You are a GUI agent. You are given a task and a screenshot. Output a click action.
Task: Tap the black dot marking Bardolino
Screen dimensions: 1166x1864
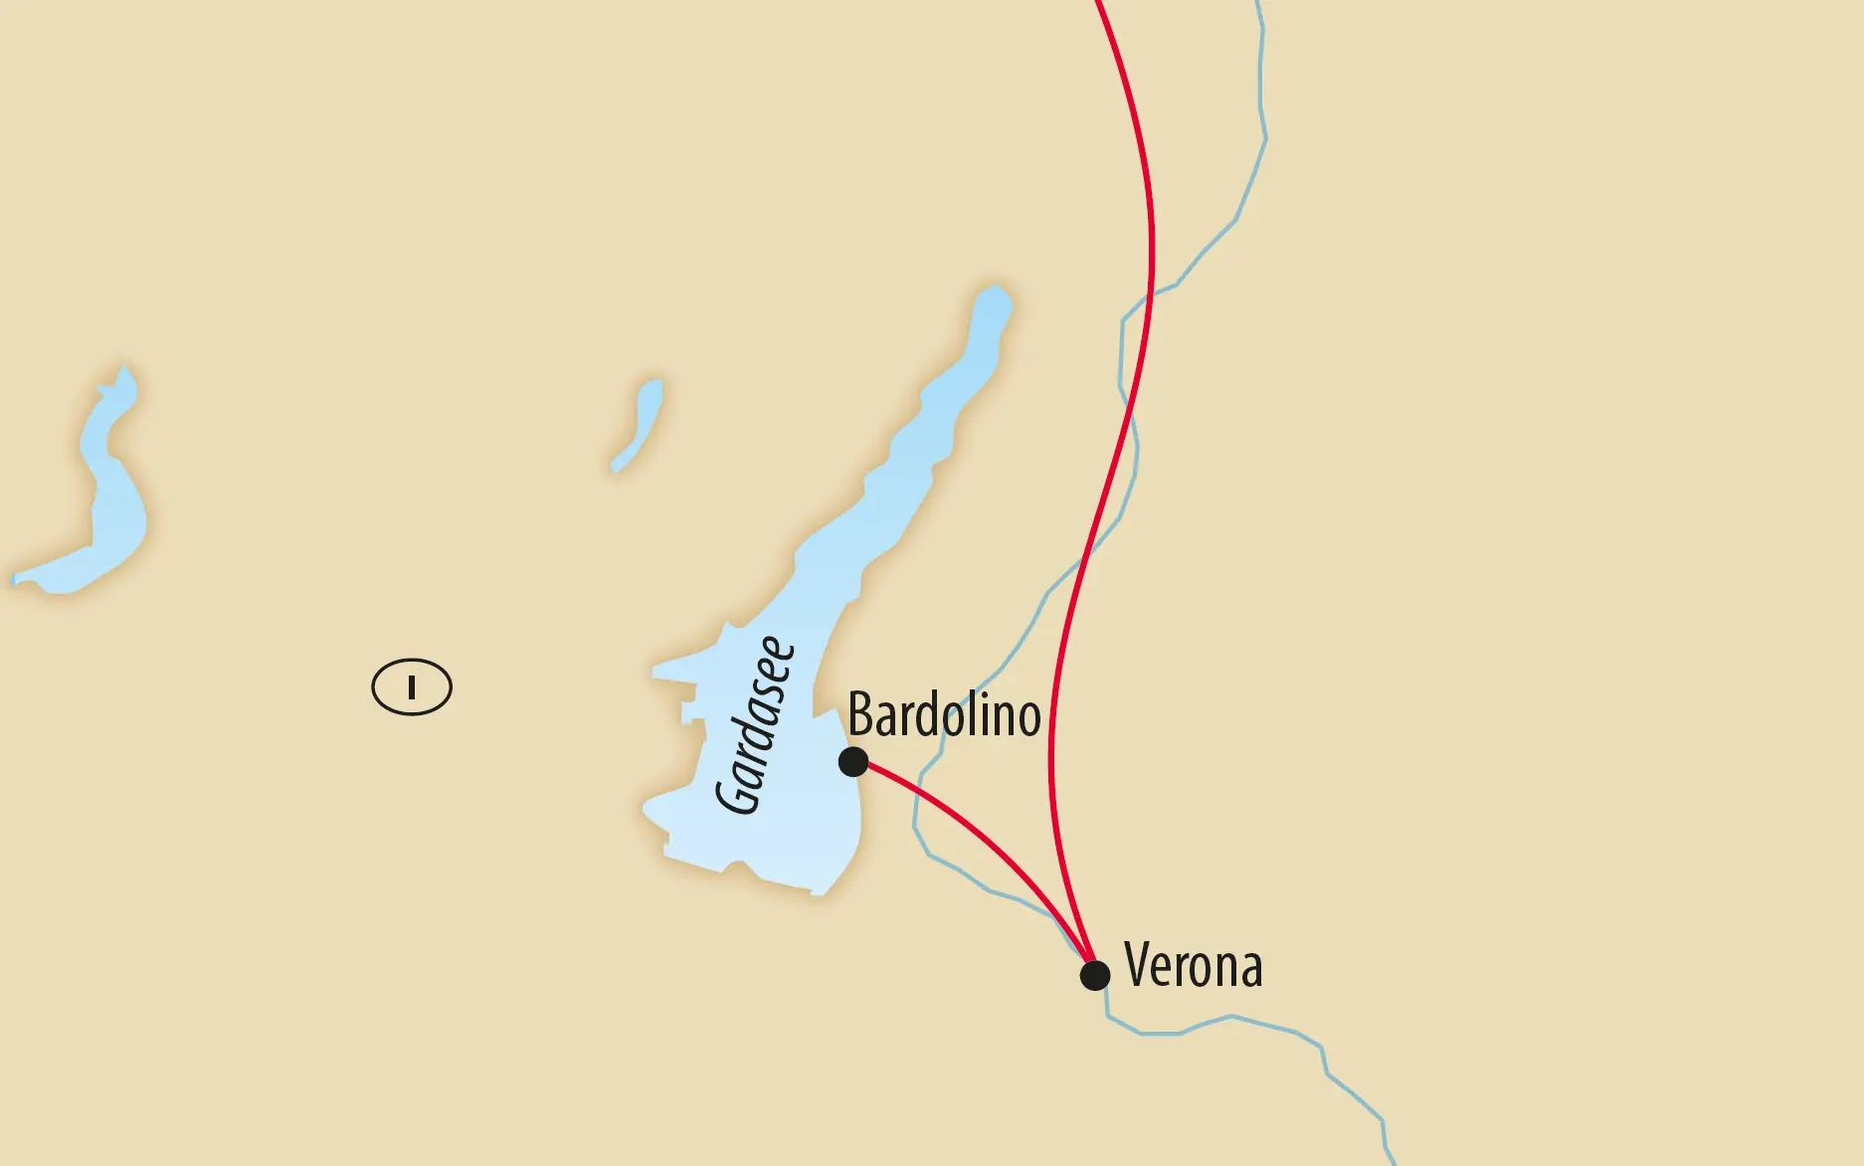[x=853, y=762]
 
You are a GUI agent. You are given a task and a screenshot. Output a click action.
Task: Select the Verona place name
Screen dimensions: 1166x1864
[x=1193, y=965]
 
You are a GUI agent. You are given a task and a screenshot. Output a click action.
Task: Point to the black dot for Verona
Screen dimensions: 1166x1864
[x=1094, y=975]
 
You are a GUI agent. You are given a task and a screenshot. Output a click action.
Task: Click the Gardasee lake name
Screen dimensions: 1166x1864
[x=756, y=725]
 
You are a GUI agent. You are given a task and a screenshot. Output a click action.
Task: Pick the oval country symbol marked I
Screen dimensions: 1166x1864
[x=412, y=687]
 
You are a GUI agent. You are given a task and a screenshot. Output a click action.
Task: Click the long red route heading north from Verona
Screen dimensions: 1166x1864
[x=1152, y=249]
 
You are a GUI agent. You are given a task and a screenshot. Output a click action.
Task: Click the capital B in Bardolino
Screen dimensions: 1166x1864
[x=861, y=715]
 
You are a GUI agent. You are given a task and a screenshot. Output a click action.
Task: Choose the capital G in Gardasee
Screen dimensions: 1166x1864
[x=739, y=797]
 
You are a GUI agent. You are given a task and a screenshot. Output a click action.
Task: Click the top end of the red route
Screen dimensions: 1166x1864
[x=1098, y=4]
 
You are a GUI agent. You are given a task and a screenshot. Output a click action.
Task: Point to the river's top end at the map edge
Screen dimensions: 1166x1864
[x=1258, y=4]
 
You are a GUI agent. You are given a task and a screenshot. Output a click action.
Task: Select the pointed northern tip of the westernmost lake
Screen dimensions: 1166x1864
[x=123, y=370]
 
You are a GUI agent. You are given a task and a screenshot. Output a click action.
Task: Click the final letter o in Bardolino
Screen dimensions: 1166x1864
[x=1028, y=719]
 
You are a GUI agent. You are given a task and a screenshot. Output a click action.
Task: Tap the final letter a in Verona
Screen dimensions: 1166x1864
[x=1250, y=969]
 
